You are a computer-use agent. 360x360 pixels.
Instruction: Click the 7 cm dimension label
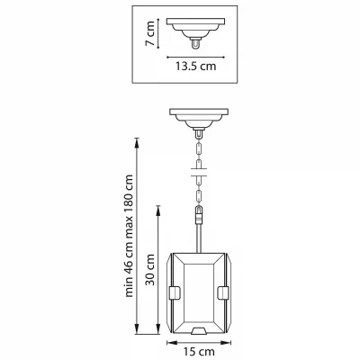point(149,33)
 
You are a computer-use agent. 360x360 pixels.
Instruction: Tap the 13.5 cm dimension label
point(195,66)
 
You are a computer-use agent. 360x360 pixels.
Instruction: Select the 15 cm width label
point(199,351)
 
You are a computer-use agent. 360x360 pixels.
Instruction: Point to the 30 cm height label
point(150,270)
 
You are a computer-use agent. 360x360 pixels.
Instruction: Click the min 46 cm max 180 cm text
point(129,236)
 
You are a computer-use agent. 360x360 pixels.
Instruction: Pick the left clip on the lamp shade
point(175,293)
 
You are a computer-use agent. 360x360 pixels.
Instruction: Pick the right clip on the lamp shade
point(223,293)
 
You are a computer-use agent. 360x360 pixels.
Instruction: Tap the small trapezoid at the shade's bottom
point(199,330)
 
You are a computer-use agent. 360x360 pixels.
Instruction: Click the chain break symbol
point(199,172)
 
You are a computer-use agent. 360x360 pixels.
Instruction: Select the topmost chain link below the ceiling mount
point(199,148)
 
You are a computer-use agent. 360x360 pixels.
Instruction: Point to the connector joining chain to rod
point(199,215)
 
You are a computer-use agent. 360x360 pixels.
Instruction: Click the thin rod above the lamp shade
point(199,238)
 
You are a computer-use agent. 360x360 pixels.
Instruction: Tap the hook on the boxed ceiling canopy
point(195,44)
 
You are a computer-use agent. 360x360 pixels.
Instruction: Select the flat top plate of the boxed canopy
point(195,22)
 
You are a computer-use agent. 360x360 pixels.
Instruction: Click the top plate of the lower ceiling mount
point(199,112)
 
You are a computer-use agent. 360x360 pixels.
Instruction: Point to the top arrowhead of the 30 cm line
point(158,209)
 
